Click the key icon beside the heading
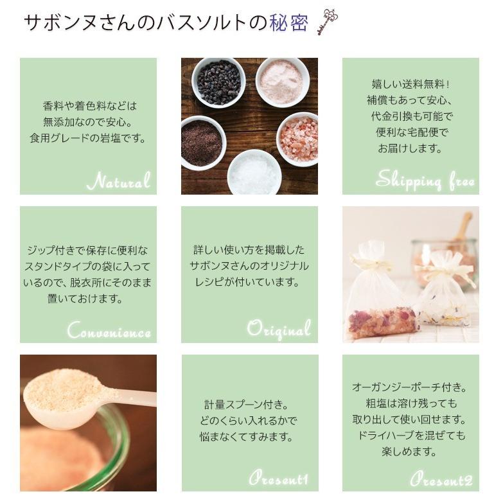(328, 21)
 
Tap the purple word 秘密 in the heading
(289, 23)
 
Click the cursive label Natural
(119, 181)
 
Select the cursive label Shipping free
(425, 181)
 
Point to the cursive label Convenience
(109, 331)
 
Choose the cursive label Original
(279, 330)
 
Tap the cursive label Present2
(441, 479)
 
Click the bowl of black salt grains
(218, 82)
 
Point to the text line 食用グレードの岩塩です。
(88, 137)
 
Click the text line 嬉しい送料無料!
(410, 84)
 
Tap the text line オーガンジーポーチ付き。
(409, 387)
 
